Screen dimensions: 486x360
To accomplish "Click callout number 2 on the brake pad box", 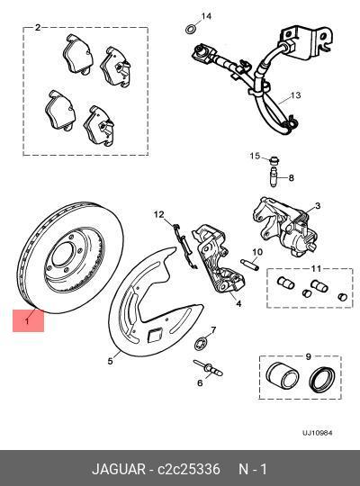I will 38,28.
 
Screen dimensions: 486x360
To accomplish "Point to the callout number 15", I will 255,156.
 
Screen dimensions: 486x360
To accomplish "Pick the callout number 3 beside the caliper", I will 317,206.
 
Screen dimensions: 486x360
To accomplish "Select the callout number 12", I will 159,214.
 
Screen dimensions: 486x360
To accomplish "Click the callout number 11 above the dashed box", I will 316,269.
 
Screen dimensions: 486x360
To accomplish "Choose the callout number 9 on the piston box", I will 309,355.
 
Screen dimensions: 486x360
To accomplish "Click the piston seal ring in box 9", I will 321,379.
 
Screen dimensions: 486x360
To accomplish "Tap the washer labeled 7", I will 203,339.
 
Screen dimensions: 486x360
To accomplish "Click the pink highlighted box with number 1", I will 28,319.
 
